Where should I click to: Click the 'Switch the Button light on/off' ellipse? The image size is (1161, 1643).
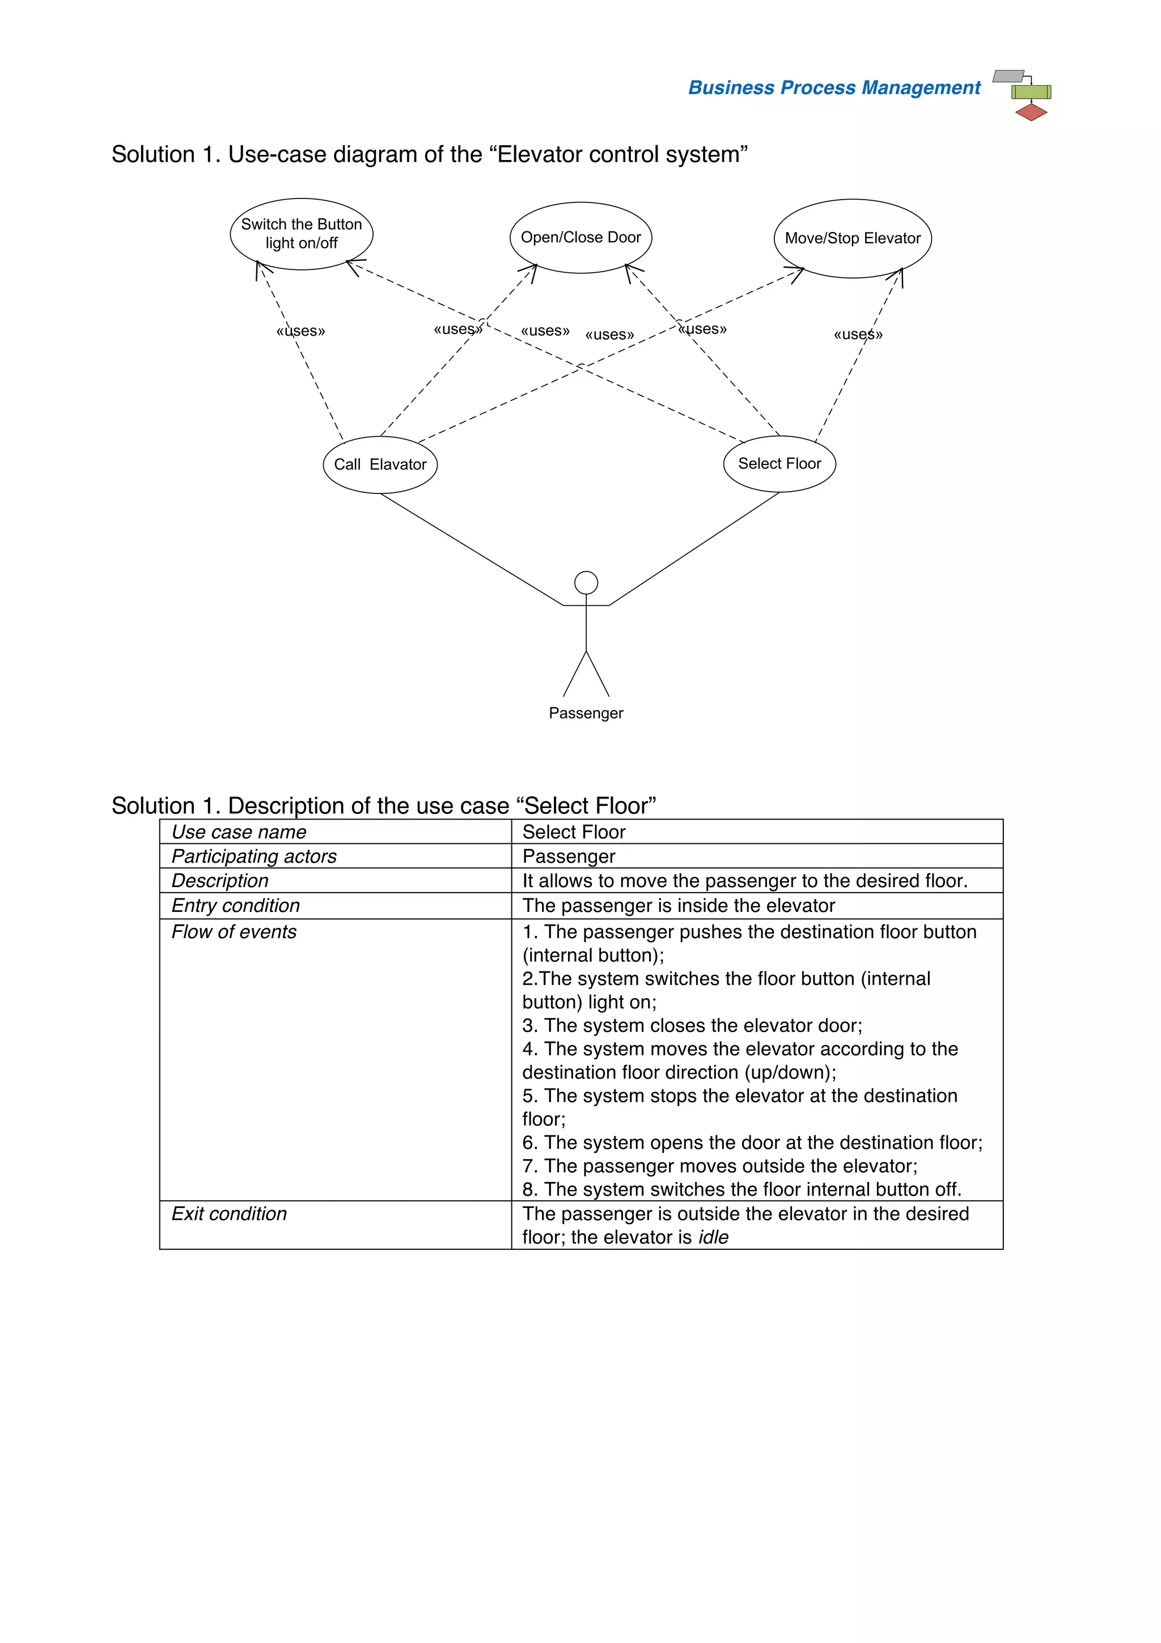[301, 234]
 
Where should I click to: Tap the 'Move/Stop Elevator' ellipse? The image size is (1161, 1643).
[852, 238]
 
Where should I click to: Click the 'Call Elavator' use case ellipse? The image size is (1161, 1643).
[380, 464]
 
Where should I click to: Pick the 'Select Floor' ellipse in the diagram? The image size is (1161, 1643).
[779, 464]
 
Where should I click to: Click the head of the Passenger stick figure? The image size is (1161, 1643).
[586, 582]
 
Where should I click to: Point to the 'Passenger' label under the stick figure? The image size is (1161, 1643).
[586, 713]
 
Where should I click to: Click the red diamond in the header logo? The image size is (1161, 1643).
[1031, 112]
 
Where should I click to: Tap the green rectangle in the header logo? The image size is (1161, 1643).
[1031, 92]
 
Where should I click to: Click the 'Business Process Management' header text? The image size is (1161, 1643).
[834, 87]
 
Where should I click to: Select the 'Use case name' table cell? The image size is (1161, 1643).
[239, 831]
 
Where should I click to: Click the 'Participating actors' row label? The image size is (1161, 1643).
[254, 856]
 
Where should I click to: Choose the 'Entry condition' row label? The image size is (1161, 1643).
[235, 905]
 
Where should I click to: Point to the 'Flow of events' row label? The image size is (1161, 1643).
[234, 932]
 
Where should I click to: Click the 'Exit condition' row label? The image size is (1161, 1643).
[229, 1214]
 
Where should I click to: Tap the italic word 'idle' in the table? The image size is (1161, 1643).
[713, 1237]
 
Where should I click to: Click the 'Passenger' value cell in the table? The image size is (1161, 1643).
[569, 856]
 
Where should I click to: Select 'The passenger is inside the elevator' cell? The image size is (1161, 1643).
[678, 905]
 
